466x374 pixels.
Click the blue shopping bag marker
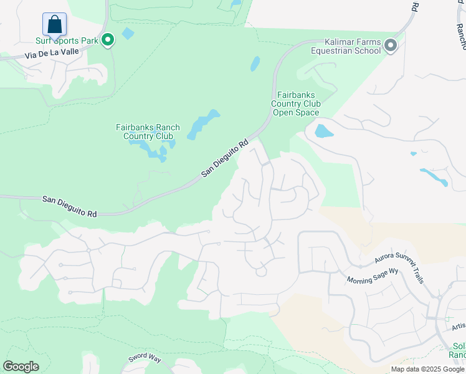point(54,25)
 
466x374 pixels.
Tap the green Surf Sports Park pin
point(108,41)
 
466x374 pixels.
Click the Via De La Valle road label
point(52,52)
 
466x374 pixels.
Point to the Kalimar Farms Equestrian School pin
point(391,46)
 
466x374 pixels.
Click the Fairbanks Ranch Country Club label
point(148,132)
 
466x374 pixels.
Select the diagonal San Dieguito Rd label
point(225,158)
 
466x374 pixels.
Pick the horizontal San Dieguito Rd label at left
point(70,207)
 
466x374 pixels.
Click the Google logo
point(21,367)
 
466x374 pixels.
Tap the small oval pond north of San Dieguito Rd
point(255,64)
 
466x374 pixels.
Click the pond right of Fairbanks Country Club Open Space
point(323,132)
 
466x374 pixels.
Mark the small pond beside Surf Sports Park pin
point(128,33)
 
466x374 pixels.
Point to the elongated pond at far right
point(434,177)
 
